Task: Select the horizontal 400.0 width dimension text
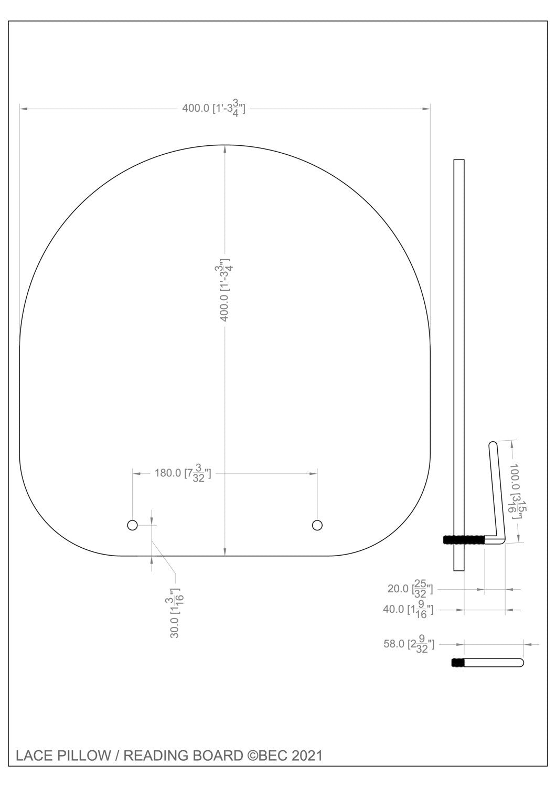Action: pyautogui.click(x=213, y=108)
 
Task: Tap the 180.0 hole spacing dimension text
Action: pyautogui.click(x=183, y=473)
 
